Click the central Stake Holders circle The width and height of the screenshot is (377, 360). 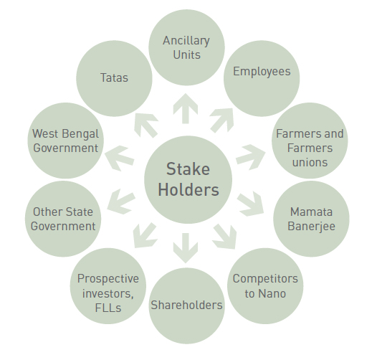pos(188,179)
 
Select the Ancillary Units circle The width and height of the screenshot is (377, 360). pos(186,47)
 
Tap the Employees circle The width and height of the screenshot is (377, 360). pos(262,78)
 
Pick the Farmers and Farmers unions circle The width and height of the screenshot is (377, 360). pos(310,141)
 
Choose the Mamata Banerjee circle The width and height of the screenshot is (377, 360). pos(311,219)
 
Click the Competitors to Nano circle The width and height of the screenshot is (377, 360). pos(265,286)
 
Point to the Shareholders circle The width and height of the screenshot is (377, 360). pos(186,305)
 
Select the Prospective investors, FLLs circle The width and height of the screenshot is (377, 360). pos(108,286)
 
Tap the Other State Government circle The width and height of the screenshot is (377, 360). pos(63,219)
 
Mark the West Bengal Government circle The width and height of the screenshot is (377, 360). pos(66,141)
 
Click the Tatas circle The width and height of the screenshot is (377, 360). pos(114,78)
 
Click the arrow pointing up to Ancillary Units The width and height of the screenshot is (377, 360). pos(186,109)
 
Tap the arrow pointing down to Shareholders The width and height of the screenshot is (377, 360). pos(186,248)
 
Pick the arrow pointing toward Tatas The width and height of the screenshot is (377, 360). pos(146,125)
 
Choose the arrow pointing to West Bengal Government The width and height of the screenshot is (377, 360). pos(119,158)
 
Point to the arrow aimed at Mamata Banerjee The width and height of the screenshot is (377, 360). pos(251,204)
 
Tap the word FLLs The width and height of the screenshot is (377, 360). pos(108,308)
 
